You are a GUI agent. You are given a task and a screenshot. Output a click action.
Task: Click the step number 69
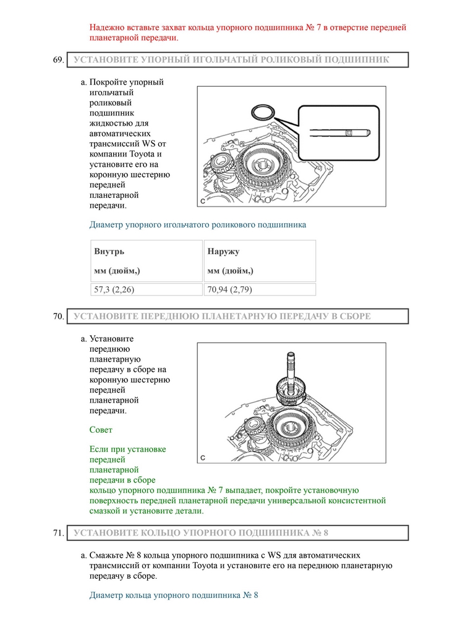tap(59, 60)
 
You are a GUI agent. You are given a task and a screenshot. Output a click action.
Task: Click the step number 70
tap(59, 317)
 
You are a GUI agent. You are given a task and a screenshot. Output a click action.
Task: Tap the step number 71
tap(59, 533)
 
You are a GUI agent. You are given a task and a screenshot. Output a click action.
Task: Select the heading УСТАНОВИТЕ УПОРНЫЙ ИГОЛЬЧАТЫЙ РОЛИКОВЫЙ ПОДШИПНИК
tap(231, 60)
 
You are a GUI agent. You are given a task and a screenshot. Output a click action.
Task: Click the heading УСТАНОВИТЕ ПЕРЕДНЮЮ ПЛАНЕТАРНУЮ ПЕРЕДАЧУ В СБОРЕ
tap(222, 317)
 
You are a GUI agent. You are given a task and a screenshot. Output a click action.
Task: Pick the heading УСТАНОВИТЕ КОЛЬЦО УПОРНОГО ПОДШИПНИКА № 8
tap(201, 533)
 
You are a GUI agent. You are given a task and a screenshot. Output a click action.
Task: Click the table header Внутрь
tap(109, 252)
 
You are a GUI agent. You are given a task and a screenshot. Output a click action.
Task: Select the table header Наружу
tap(223, 252)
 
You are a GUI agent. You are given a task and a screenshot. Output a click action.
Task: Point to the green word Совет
tap(101, 429)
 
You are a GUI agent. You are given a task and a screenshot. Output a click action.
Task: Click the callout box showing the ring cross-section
tap(338, 132)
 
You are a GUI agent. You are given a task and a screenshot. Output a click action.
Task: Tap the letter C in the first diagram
tap(202, 202)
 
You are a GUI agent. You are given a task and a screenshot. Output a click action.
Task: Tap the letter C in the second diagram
tap(202, 458)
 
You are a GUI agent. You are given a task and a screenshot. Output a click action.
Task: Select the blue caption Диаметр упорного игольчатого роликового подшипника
tap(198, 224)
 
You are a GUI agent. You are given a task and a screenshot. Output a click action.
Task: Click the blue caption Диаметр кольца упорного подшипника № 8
tap(174, 595)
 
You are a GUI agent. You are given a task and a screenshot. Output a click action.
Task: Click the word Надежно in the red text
tap(106, 28)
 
